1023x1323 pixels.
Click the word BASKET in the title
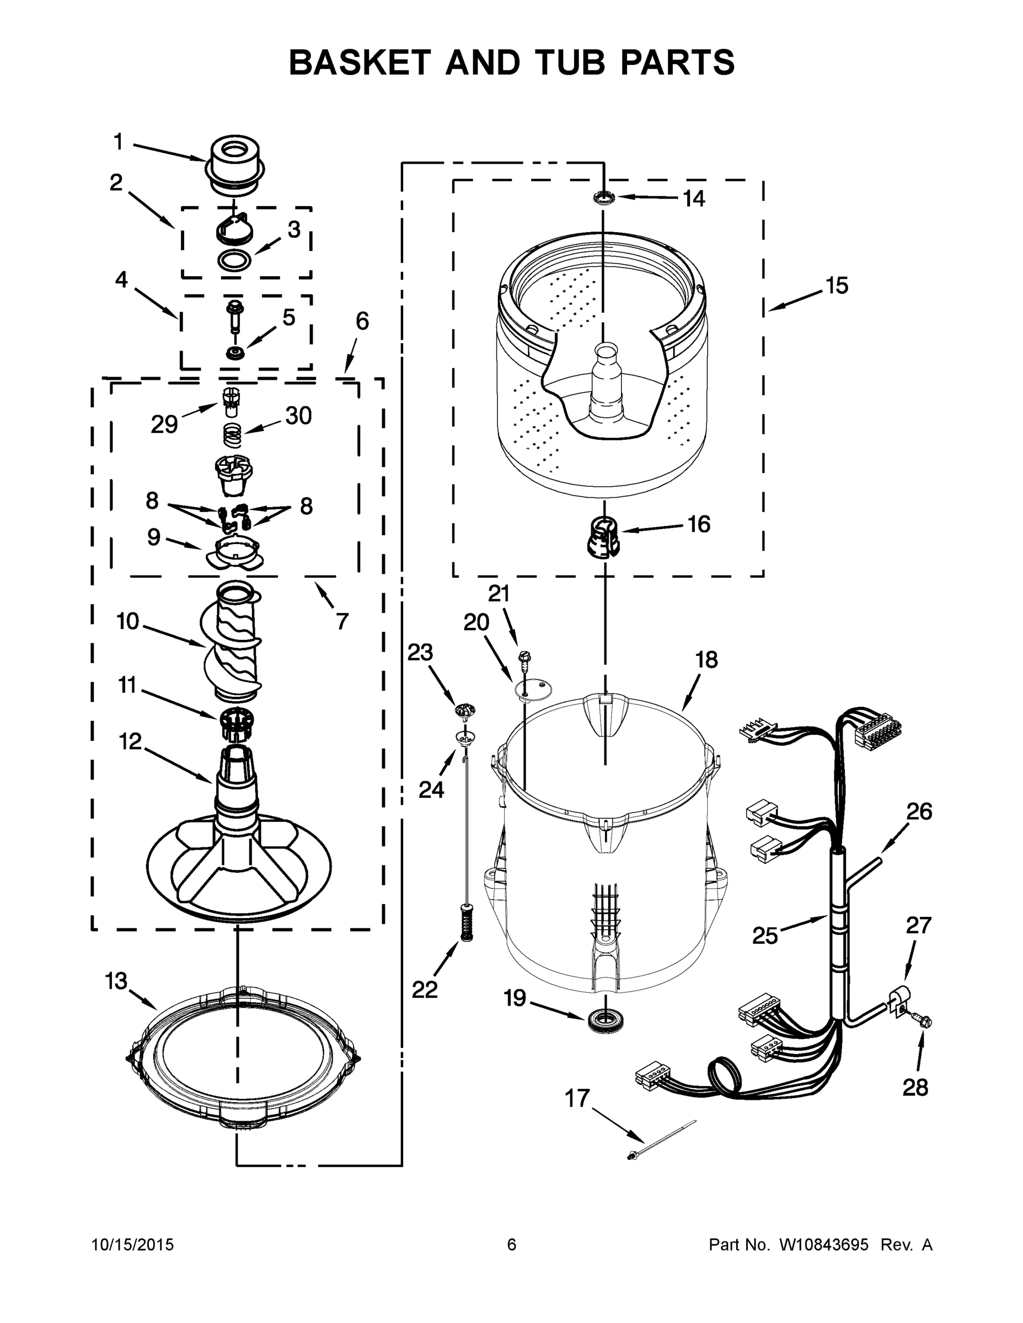point(360,62)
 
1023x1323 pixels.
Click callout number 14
point(694,198)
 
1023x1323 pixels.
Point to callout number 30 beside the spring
point(298,416)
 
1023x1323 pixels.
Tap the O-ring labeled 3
point(234,261)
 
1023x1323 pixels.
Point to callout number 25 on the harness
point(765,935)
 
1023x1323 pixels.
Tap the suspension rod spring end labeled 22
point(466,929)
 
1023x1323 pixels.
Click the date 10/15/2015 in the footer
point(133,1244)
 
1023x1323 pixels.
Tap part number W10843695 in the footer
point(823,1244)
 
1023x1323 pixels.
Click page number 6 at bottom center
point(512,1244)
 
